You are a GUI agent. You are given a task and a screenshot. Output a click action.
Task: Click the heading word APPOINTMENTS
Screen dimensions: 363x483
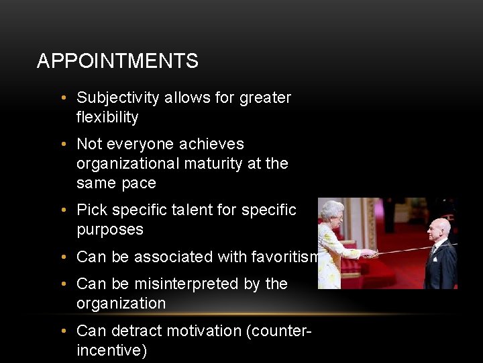117,61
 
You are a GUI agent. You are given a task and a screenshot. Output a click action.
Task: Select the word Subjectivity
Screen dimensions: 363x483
119,98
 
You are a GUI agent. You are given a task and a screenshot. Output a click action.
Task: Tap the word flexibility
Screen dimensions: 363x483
107,118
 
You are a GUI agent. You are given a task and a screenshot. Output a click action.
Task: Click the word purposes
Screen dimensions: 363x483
110,229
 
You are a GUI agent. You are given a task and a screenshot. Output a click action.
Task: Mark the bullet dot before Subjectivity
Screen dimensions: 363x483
62,98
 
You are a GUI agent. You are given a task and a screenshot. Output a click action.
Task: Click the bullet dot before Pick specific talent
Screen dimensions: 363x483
62,210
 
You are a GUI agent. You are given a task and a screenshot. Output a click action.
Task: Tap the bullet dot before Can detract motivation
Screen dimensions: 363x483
62,331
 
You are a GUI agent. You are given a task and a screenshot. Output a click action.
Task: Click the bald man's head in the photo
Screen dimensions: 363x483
439,229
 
